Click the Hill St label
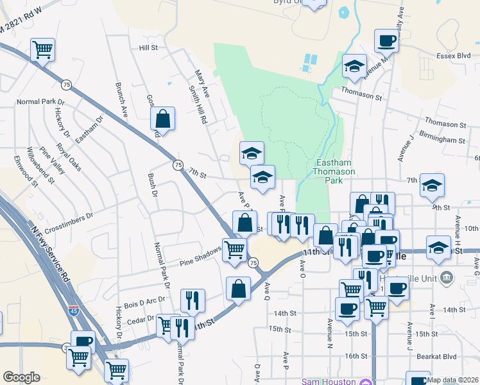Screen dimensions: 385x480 (x=148, y=48)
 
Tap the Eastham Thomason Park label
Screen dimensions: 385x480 (x=331, y=172)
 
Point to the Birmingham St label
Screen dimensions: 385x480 (x=441, y=139)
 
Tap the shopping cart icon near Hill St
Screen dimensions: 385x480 (x=42, y=49)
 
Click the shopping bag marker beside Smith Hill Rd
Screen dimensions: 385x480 (x=163, y=118)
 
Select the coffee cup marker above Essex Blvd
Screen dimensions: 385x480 (x=386, y=41)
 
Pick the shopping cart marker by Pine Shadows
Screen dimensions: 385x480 (x=235, y=250)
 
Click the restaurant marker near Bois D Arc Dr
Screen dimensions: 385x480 (x=192, y=300)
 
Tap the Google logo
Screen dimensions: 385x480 (x=21, y=377)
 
